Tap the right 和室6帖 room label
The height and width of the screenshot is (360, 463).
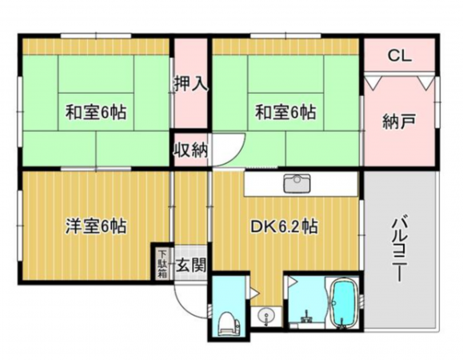click(x=284, y=113)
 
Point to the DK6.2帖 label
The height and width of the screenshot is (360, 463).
click(x=285, y=226)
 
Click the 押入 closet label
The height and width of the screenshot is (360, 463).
click(x=190, y=82)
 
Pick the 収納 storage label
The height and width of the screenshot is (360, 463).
click(x=190, y=150)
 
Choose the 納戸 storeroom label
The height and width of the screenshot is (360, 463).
click(x=399, y=122)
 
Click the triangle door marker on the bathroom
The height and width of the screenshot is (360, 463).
click(x=293, y=282)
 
